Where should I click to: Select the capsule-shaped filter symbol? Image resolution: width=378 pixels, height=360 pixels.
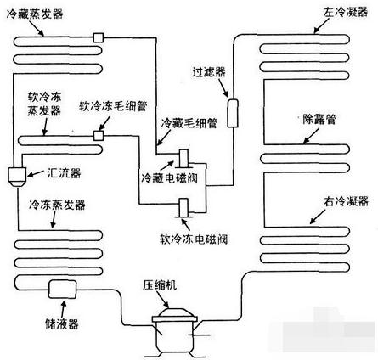[x=229, y=110]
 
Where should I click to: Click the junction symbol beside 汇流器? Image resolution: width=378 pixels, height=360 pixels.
[x=16, y=175]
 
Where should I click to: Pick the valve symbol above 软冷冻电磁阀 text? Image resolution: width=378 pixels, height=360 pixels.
[x=184, y=207]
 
